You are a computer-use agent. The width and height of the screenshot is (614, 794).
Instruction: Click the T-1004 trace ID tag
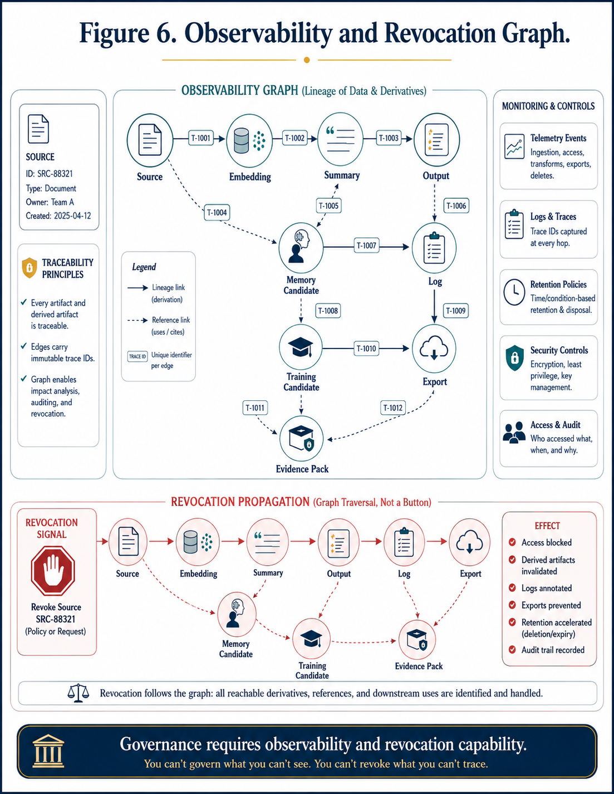click(x=217, y=212)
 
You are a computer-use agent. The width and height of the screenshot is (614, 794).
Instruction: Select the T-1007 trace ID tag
click(x=366, y=246)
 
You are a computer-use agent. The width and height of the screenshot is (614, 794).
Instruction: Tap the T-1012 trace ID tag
click(x=393, y=408)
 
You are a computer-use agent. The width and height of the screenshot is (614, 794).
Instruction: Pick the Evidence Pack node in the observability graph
click(x=301, y=439)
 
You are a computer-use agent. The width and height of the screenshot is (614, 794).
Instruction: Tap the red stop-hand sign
click(x=53, y=570)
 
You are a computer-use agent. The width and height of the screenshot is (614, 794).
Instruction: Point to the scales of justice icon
click(x=78, y=693)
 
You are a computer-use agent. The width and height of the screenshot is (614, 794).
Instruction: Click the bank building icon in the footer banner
click(x=48, y=751)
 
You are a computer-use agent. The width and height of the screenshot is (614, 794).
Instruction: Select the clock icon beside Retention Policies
click(x=514, y=292)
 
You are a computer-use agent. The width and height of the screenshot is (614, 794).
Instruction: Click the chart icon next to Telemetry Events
click(x=514, y=146)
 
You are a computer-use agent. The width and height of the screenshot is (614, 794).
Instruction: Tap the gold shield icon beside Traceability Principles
click(x=30, y=268)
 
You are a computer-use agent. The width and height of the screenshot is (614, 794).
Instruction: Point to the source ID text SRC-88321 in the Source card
click(x=55, y=174)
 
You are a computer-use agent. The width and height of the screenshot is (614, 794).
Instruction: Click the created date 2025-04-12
click(x=72, y=216)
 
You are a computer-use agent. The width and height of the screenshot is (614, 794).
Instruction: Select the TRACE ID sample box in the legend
click(x=137, y=356)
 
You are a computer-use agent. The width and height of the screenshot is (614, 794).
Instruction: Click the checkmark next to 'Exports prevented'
click(x=512, y=605)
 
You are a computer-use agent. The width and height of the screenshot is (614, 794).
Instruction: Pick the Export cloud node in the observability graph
click(x=434, y=349)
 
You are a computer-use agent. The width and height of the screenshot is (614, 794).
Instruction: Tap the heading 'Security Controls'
click(x=559, y=350)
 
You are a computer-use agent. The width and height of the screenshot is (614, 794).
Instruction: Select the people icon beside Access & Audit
click(x=514, y=433)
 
